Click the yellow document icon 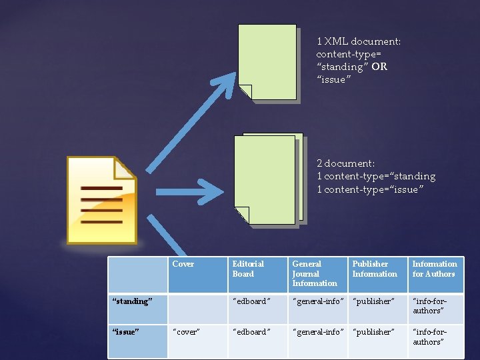pos(101,200)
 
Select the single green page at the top pos(267,62)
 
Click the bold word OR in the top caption pos(379,67)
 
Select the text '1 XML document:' pos(359,41)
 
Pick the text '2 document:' pos(345,163)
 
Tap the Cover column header pos(183,264)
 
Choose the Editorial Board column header pos(248,269)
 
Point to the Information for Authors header pos(434,269)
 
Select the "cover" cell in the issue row pos(187,332)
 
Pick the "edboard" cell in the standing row pos(251,301)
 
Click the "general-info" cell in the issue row pos(317,332)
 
